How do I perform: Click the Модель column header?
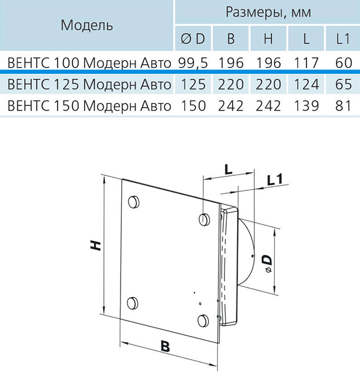coord(86,25)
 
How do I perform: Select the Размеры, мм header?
coord(268,13)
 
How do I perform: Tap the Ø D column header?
coord(193,38)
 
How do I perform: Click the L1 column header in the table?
coord(343,38)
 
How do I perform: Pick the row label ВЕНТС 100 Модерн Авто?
coord(89,63)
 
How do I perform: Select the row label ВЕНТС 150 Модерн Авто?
coord(89,106)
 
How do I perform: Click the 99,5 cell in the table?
coord(193,63)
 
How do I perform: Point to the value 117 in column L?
coord(307,63)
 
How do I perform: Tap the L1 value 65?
coord(343,84)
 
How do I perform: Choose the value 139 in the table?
coord(307,106)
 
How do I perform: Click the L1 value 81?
coord(343,106)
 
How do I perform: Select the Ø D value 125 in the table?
coord(193,84)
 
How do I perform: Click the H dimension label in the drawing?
coord(95,246)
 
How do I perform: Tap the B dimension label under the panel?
coord(165,346)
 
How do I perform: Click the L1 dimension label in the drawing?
coord(275,179)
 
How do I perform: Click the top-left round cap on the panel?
coord(134,202)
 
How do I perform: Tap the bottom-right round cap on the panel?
coord(203,321)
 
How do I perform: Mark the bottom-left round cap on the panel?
coord(133,304)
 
